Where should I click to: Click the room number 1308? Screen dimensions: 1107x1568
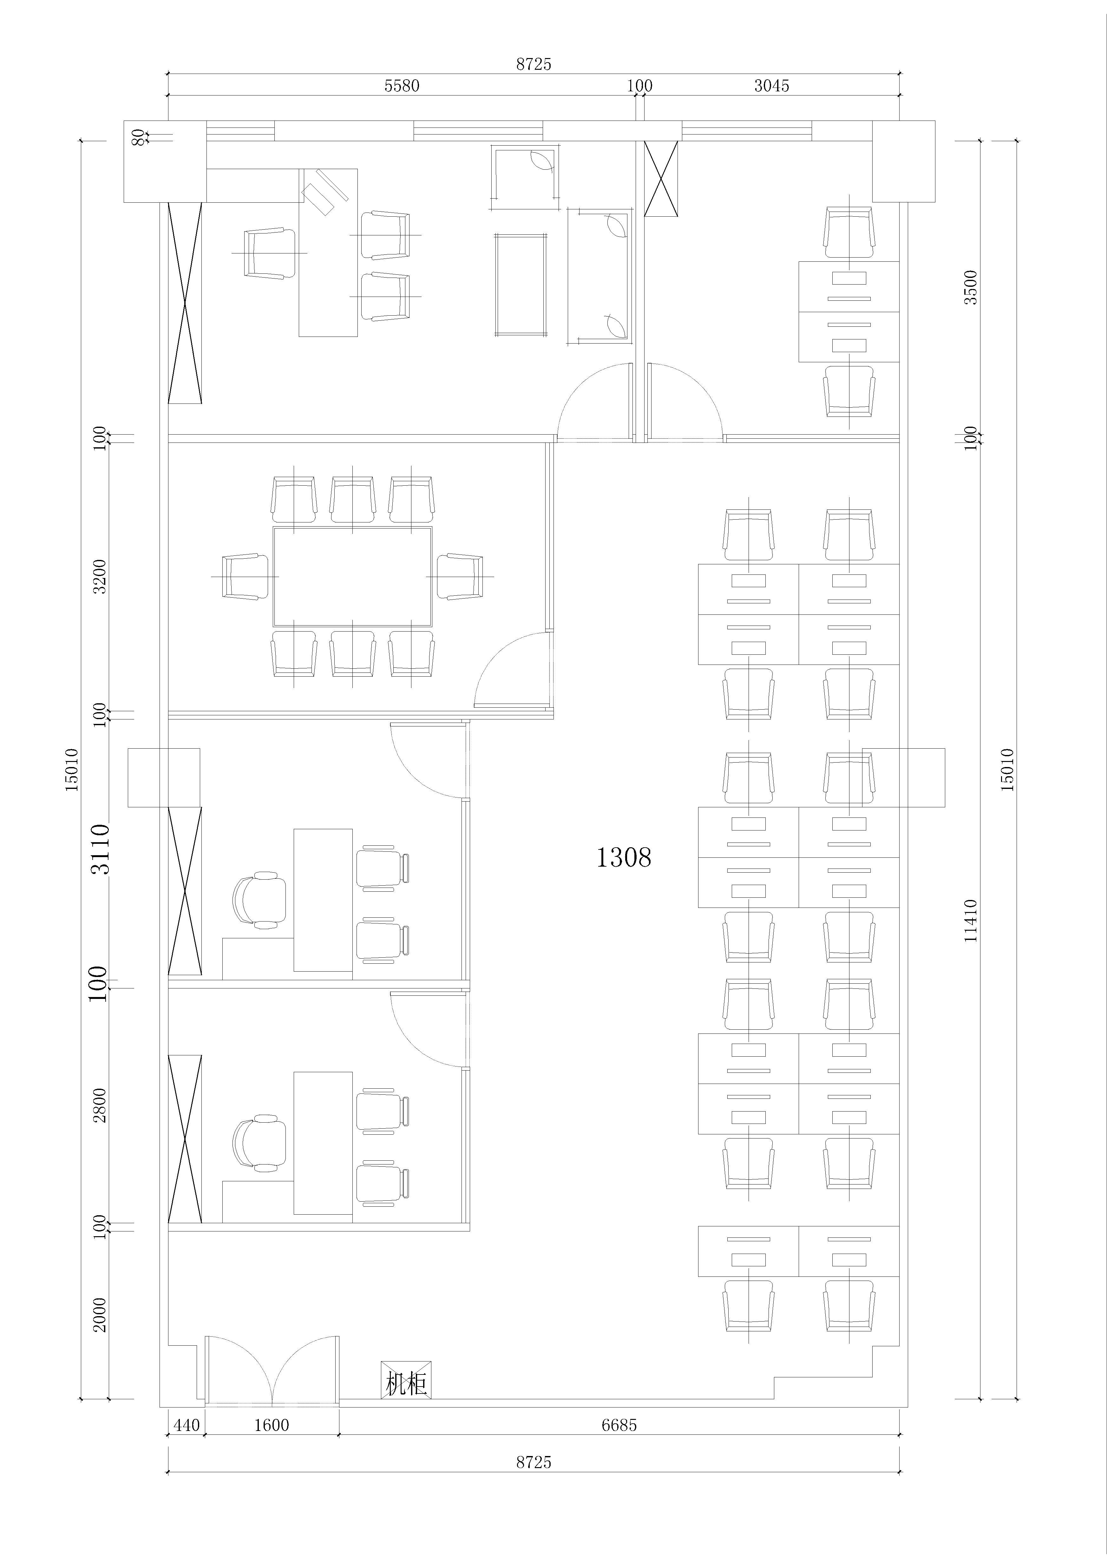click(x=624, y=857)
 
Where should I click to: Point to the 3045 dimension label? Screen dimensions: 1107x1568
click(x=772, y=86)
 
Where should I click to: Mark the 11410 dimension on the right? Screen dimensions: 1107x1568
click(x=970, y=921)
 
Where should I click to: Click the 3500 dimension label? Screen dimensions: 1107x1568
click(x=970, y=287)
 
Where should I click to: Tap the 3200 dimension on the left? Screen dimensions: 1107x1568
click(x=100, y=576)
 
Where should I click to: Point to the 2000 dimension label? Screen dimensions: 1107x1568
click(x=100, y=1315)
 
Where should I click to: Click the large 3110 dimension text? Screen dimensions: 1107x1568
click(x=100, y=849)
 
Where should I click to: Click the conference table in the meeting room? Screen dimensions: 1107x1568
click(x=352, y=576)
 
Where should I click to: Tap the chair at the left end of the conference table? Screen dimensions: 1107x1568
click(x=245, y=576)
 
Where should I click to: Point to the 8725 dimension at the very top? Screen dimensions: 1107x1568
click(x=533, y=64)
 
